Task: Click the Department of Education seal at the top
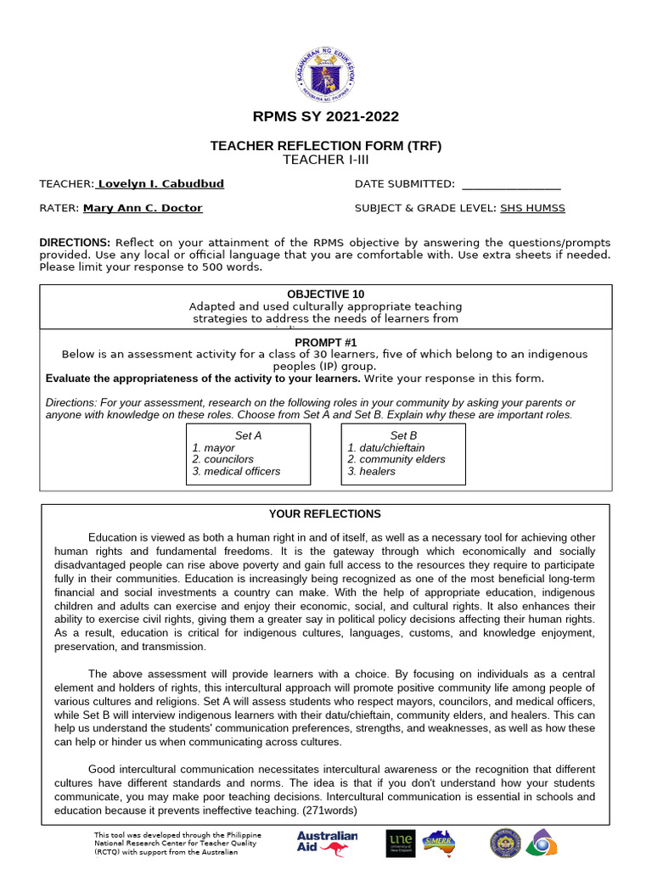326,72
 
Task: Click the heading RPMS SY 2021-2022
326,117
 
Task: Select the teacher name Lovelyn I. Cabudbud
160,184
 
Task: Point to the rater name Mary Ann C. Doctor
142,208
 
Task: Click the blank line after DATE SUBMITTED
511,185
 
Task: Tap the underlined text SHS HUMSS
532,208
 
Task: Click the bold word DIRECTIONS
75,242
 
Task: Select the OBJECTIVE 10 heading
325,294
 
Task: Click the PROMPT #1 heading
325,342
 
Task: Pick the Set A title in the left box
248,435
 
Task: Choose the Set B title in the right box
403,435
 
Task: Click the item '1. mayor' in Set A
214,447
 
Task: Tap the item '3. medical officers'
236,471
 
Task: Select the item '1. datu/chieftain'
386,447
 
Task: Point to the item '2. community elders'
396,459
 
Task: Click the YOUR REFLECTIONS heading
325,514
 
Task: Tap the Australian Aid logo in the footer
328,843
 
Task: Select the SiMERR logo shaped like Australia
438,843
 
